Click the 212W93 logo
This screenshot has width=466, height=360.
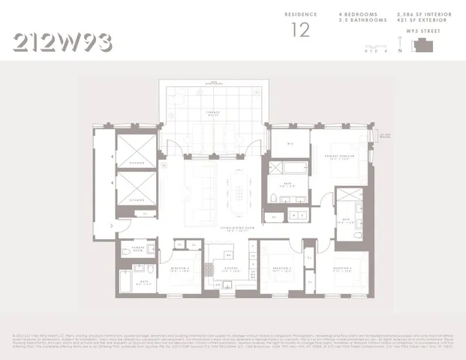(63, 42)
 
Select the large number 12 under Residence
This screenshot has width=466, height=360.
(300, 29)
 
